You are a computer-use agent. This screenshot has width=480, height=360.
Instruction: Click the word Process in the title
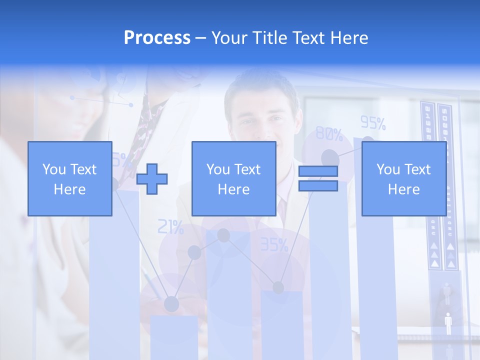(x=157, y=38)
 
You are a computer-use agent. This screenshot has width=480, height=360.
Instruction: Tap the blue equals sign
(x=318, y=178)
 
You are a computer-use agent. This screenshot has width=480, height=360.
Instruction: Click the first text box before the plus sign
(x=69, y=179)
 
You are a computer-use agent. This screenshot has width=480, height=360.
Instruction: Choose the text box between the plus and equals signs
(x=233, y=179)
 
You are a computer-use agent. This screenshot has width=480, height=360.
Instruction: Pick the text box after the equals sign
(x=403, y=179)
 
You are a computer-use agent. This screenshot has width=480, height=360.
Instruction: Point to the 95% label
(x=373, y=123)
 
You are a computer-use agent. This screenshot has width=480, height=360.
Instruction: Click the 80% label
(x=329, y=134)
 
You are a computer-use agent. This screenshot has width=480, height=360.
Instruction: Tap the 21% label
(x=170, y=227)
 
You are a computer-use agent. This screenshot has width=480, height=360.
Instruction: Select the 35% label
(x=274, y=244)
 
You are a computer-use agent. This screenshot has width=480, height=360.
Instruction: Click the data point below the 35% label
(x=278, y=287)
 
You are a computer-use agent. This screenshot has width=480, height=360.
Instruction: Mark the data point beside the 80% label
(x=329, y=157)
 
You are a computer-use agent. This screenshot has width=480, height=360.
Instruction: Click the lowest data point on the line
(x=171, y=303)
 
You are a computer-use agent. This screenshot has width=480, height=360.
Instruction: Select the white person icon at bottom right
(x=448, y=323)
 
